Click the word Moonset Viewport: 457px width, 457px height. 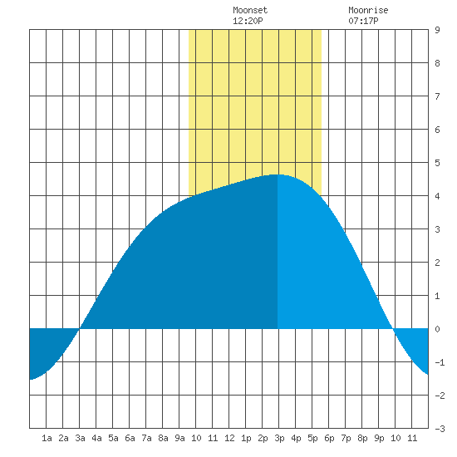click(x=250, y=10)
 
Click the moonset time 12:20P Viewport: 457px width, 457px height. click(x=248, y=21)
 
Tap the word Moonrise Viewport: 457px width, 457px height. click(x=368, y=10)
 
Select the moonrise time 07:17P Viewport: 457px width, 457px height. click(x=363, y=21)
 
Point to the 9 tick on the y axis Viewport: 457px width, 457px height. click(x=437, y=30)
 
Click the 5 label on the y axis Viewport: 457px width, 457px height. click(x=437, y=163)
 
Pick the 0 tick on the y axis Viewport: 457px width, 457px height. click(x=437, y=329)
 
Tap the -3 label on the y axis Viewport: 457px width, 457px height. click(x=440, y=429)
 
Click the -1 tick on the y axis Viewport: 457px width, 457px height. click(x=440, y=362)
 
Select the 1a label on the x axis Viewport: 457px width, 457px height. click(x=47, y=438)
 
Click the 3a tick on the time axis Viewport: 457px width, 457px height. click(x=80, y=438)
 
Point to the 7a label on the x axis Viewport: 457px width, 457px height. click(x=146, y=438)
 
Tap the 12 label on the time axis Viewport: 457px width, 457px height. click(x=229, y=438)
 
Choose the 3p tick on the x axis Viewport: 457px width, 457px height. click(x=279, y=438)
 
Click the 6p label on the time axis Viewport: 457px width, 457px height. click(x=329, y=438)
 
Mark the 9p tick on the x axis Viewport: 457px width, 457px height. click(x=379, y=438)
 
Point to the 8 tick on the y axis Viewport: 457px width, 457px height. click(x=437, y=63)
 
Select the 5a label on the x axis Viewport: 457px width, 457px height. click(x=113, y=438)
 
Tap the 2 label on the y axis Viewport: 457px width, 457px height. click(x=437, y=263)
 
